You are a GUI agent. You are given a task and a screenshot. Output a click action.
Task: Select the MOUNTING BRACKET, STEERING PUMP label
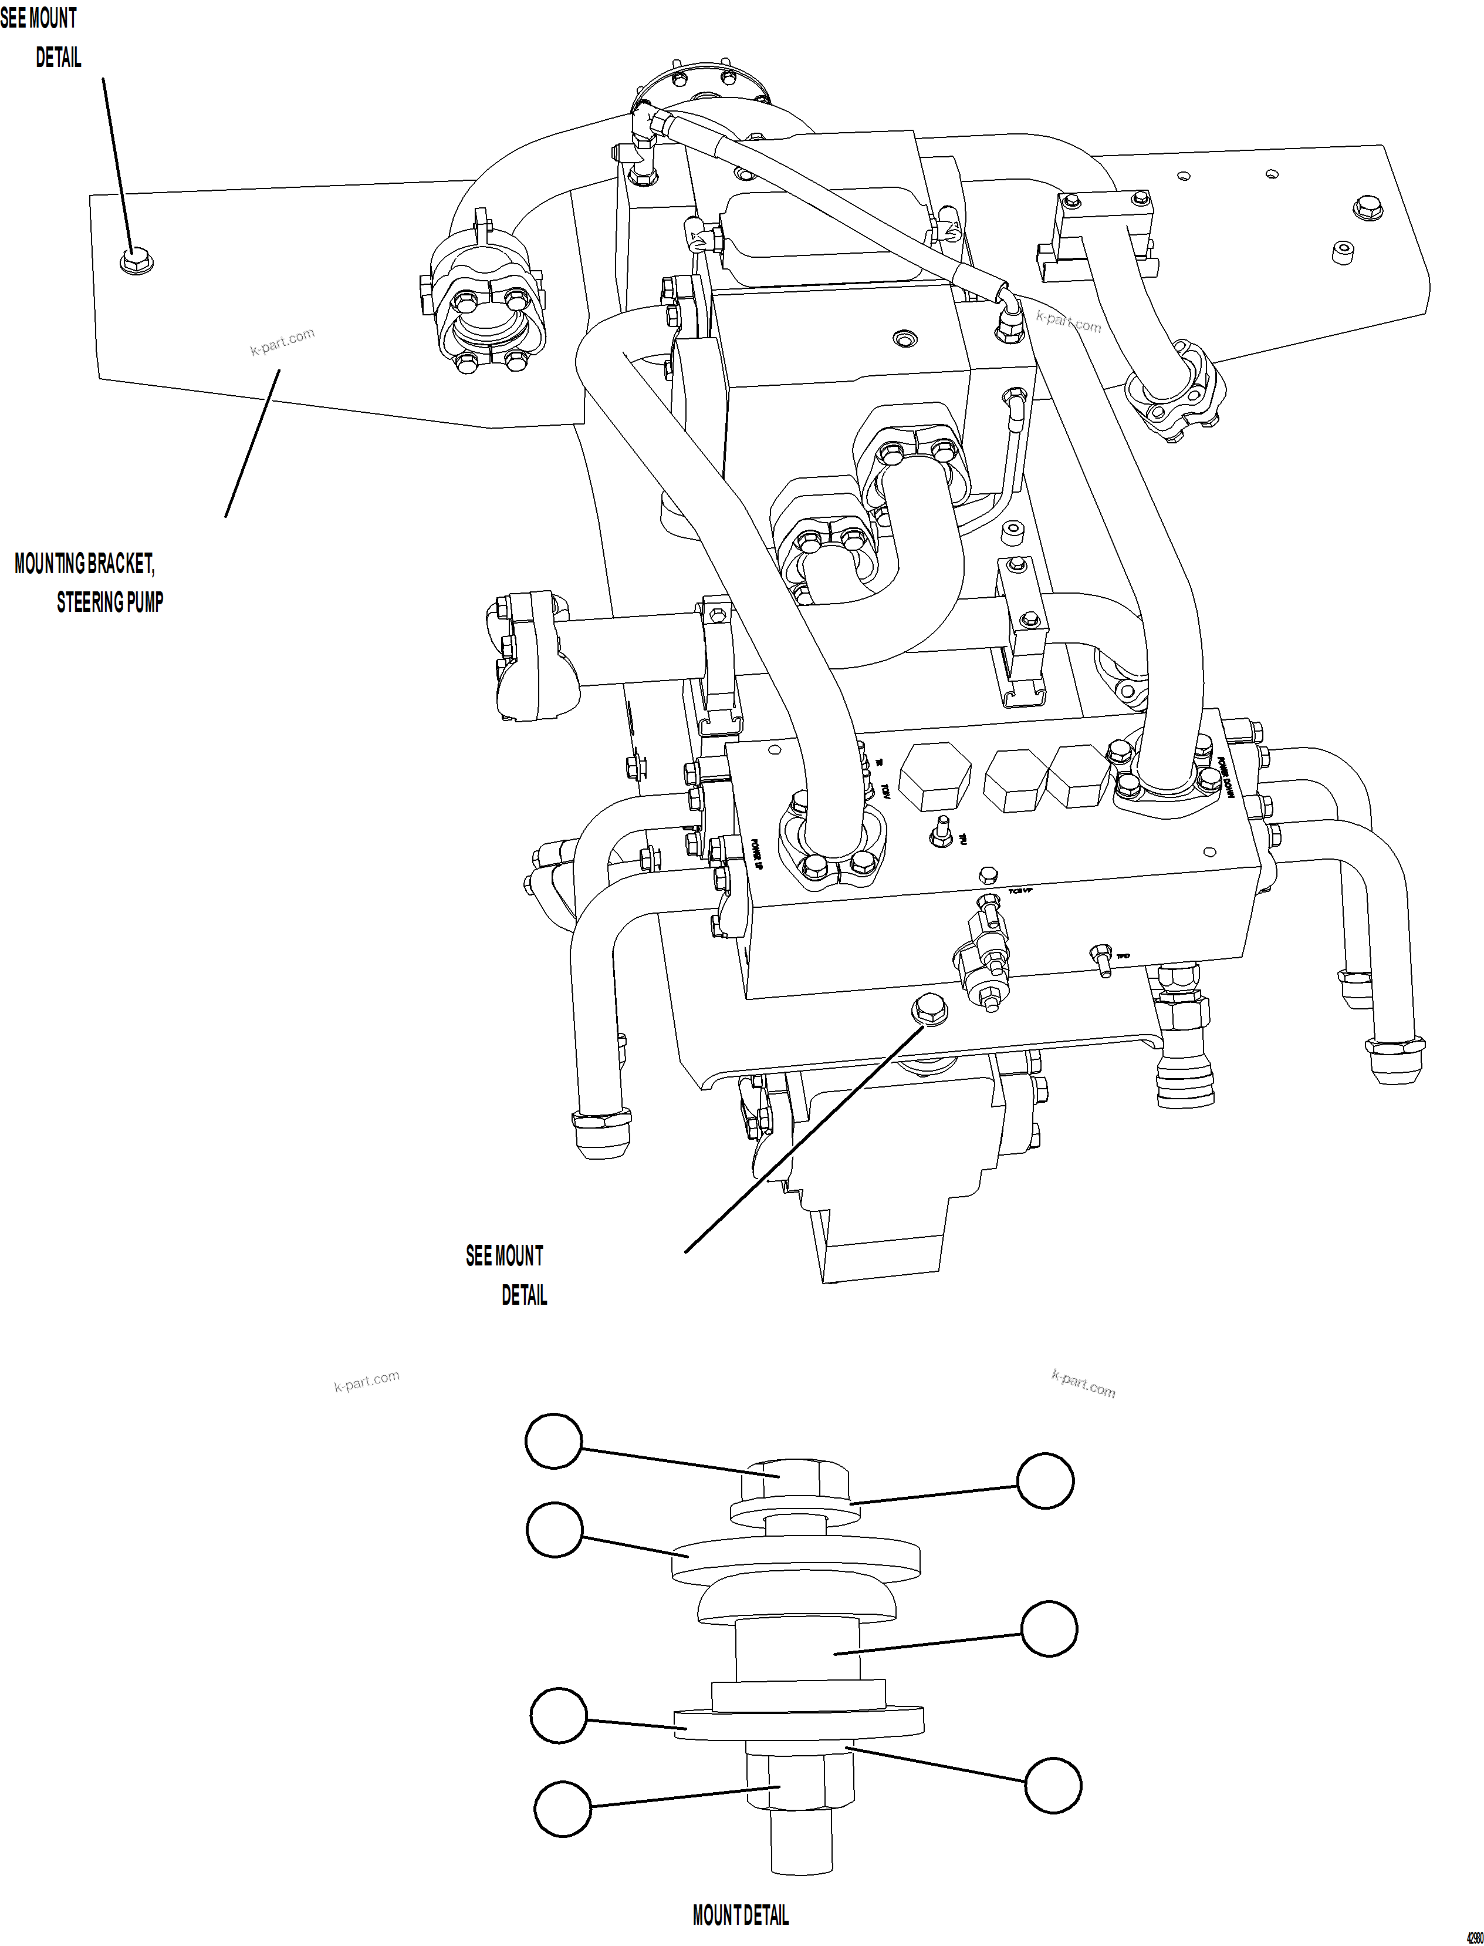[x=89, y=583]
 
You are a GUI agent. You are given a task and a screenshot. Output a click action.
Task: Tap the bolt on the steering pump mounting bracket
[x=131, y=261]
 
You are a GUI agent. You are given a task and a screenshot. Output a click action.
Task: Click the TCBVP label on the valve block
[x=1020, y=891]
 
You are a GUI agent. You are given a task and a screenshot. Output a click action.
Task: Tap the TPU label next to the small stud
[x=963, y=840]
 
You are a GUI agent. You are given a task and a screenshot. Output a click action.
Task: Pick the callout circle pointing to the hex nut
[x=562, y=1807]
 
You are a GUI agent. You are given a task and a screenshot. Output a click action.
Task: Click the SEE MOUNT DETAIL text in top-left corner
[x=40, y=37]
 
